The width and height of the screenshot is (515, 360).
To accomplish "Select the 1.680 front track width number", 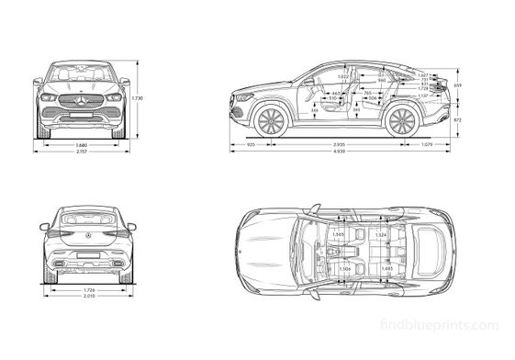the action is (81, 145).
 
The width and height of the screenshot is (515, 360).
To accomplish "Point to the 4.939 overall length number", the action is (339, 151).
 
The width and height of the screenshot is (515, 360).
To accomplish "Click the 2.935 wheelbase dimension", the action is (339, 145).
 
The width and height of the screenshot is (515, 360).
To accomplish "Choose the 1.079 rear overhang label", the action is (426, 145).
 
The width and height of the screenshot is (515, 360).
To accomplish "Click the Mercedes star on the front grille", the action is (81, 99).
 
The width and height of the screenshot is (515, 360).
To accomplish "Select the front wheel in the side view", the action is (272, 121).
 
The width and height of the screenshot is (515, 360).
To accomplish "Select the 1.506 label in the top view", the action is (344, 268).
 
